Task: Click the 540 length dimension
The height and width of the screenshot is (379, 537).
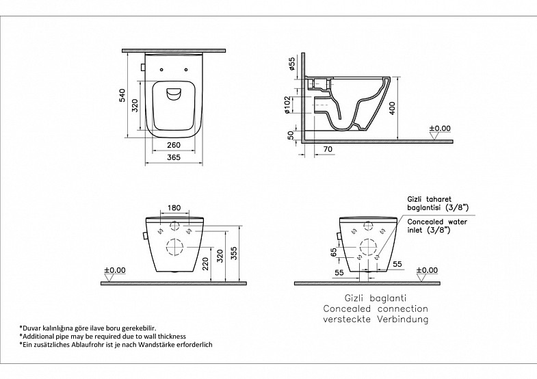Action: click(x=122, y=96)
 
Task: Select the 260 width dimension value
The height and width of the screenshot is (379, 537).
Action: click(x=174, y=145)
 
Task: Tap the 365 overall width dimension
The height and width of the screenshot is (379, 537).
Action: click(x=174, y=157)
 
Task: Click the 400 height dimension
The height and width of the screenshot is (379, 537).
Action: click(x=393, y=108)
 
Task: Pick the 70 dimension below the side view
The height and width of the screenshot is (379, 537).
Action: click(x=328, y=149)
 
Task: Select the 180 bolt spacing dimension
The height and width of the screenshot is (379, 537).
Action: click(x=174, y=208)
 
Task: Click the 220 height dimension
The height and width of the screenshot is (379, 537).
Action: click(x=205, y=264)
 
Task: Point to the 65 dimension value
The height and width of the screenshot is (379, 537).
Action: click(x=334, y=252)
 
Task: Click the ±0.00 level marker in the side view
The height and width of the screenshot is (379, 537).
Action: click(x=440, y=129)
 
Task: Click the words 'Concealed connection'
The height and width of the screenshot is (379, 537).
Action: click(x=376, y=309)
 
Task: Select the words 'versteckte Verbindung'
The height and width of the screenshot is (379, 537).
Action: click(x=376, y=319)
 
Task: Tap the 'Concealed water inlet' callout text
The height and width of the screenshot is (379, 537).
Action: click(x=437, y=226)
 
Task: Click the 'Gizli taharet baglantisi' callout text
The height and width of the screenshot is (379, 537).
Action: click(x=438, y=203)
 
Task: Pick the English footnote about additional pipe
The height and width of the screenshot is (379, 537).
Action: click(x=103, y=336)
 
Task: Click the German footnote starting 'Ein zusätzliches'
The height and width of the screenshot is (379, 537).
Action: click(x=116, y=344)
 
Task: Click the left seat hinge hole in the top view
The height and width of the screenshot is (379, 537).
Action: click(x=161, y=70)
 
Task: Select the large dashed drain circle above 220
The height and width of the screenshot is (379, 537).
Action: click(x=174, y=247)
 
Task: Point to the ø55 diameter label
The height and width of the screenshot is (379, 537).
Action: click(x=292, y=64)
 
